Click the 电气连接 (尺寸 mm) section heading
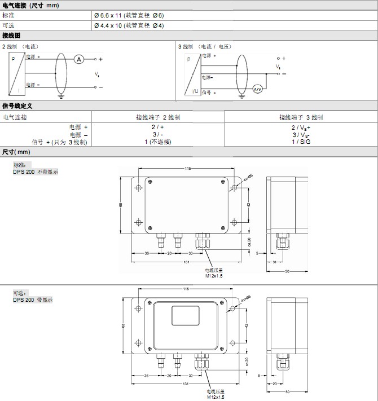(x=30, y=5)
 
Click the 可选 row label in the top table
(x=8, y=25)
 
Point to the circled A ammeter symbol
(x=80, y=59)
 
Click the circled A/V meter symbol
(x=257, y=89)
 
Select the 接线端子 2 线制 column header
(x=158, y=117)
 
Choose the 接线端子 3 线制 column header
(x=301, y=117)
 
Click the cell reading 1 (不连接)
(x=158, y=142)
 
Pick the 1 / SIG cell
(x=301, y=142)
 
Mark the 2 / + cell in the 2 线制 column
(x=158, y=127)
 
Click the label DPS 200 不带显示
(x=36, y=171)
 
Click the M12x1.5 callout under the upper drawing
(x=214, y=276)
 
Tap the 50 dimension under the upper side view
(x=287, y=271)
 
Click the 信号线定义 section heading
(x=17, y=105)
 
